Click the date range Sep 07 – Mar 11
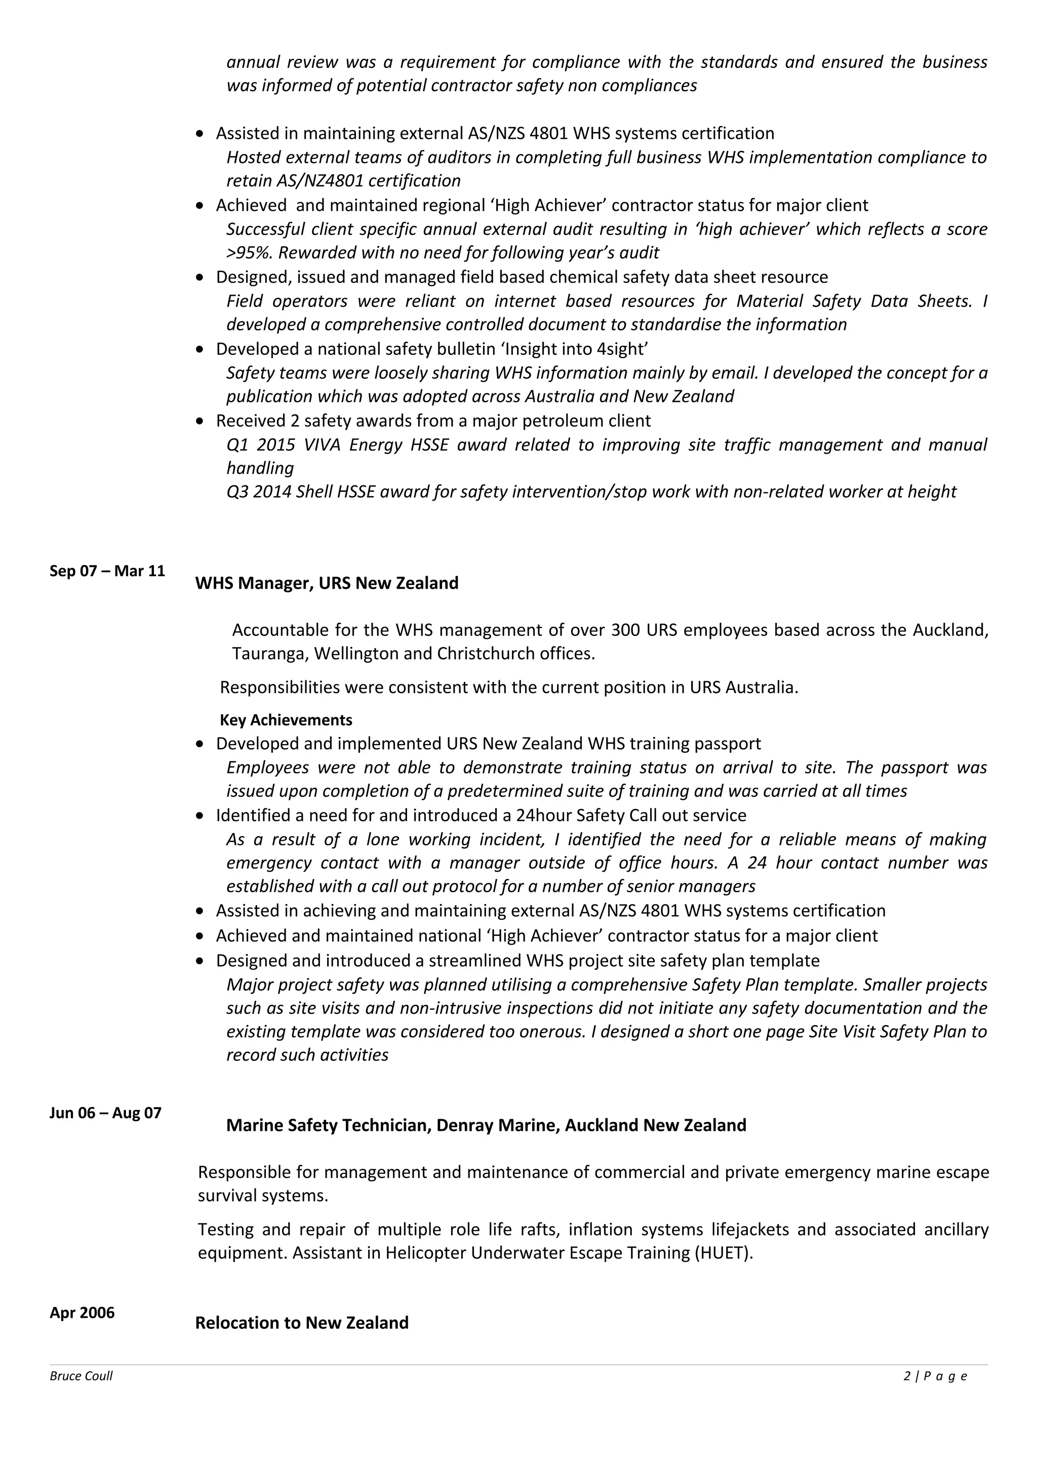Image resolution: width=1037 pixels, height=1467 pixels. click(x=107, y=570)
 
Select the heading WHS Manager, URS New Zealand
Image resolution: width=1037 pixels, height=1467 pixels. click(x=327, y=583)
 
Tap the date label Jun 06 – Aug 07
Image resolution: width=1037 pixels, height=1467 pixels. click(x=105, y=1112)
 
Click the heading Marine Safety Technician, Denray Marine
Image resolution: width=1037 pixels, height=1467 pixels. click(x=486, y=1124)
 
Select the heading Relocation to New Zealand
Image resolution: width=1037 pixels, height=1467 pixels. click(x=302, y=1322)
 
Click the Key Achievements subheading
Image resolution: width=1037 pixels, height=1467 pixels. click(x=286, y=720)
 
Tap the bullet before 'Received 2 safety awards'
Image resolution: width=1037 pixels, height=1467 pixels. click(x=201, y=421)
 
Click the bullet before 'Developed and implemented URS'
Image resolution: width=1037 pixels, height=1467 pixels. click(x=201, y=744)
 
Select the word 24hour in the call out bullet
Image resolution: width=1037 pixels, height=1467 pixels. click(x=544, y=816)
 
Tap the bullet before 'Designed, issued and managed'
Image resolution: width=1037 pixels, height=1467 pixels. click(x=201, y=277)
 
